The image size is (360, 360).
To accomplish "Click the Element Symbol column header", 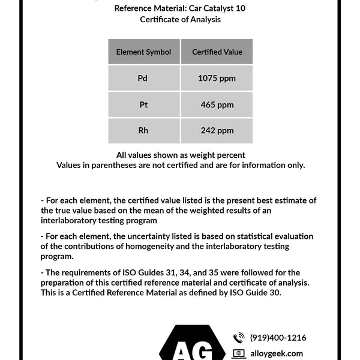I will [143, 52].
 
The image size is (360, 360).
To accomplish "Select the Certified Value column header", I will [217, 52].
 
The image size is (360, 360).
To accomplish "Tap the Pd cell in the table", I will [143, 79].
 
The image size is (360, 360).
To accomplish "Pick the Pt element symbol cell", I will [143, 105].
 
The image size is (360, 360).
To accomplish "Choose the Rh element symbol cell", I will [143, 131].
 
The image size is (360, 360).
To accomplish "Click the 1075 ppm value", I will [217, 79].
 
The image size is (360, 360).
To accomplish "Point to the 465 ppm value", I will [217, 105].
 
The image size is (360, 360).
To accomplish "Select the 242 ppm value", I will [217, 131].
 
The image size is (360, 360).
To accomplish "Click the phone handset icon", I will [239, 338].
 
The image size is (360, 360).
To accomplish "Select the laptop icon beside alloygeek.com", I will [239, 354].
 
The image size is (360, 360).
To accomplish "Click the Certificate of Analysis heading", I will [180, 20].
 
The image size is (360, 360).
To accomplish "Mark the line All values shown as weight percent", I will [180, 155].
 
